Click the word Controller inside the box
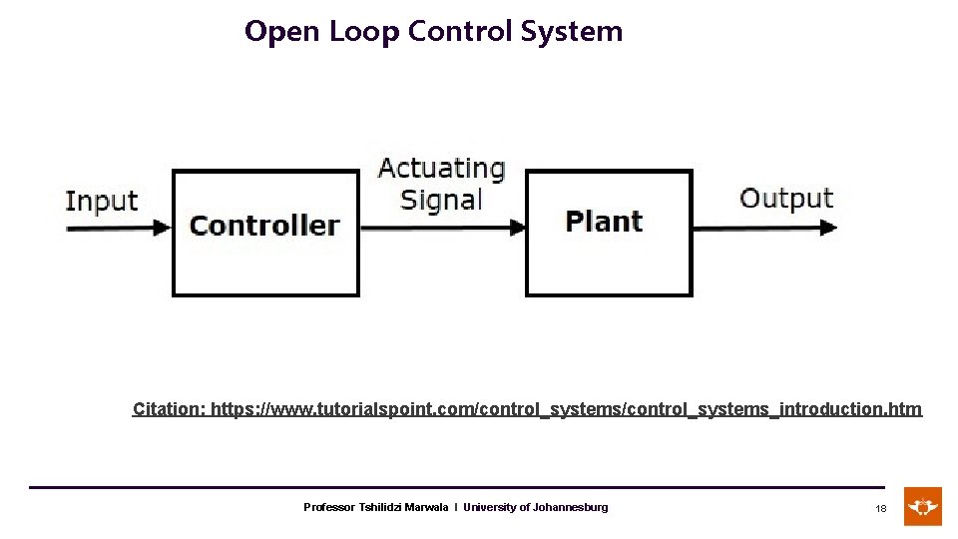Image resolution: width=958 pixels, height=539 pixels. [x=264, y=226]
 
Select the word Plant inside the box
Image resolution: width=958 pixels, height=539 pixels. [x=604, y=222]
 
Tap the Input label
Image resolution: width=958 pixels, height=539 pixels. [x=101, y=201]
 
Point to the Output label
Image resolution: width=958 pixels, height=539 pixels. [x=785, y=198]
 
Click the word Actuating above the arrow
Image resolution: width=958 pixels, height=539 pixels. [x=441, y=168]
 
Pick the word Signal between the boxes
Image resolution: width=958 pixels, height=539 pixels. [x=441, y=200]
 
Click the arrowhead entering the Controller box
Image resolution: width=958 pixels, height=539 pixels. [x=163, y=228]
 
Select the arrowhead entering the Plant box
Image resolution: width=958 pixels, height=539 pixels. [x=517, y=228]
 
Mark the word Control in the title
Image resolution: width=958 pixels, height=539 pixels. [x=460, y=32]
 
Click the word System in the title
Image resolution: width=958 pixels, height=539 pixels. [x=572, y=32]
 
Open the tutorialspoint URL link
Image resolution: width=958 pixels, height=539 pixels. [x=566, y=409]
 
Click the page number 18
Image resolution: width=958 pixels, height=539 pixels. [x=881, y=508]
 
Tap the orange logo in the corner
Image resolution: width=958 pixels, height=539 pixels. [x=923, y=506]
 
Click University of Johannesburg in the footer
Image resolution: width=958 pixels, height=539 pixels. [x=535, y=508]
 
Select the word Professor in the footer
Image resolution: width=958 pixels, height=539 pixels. [x=329, y=508]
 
